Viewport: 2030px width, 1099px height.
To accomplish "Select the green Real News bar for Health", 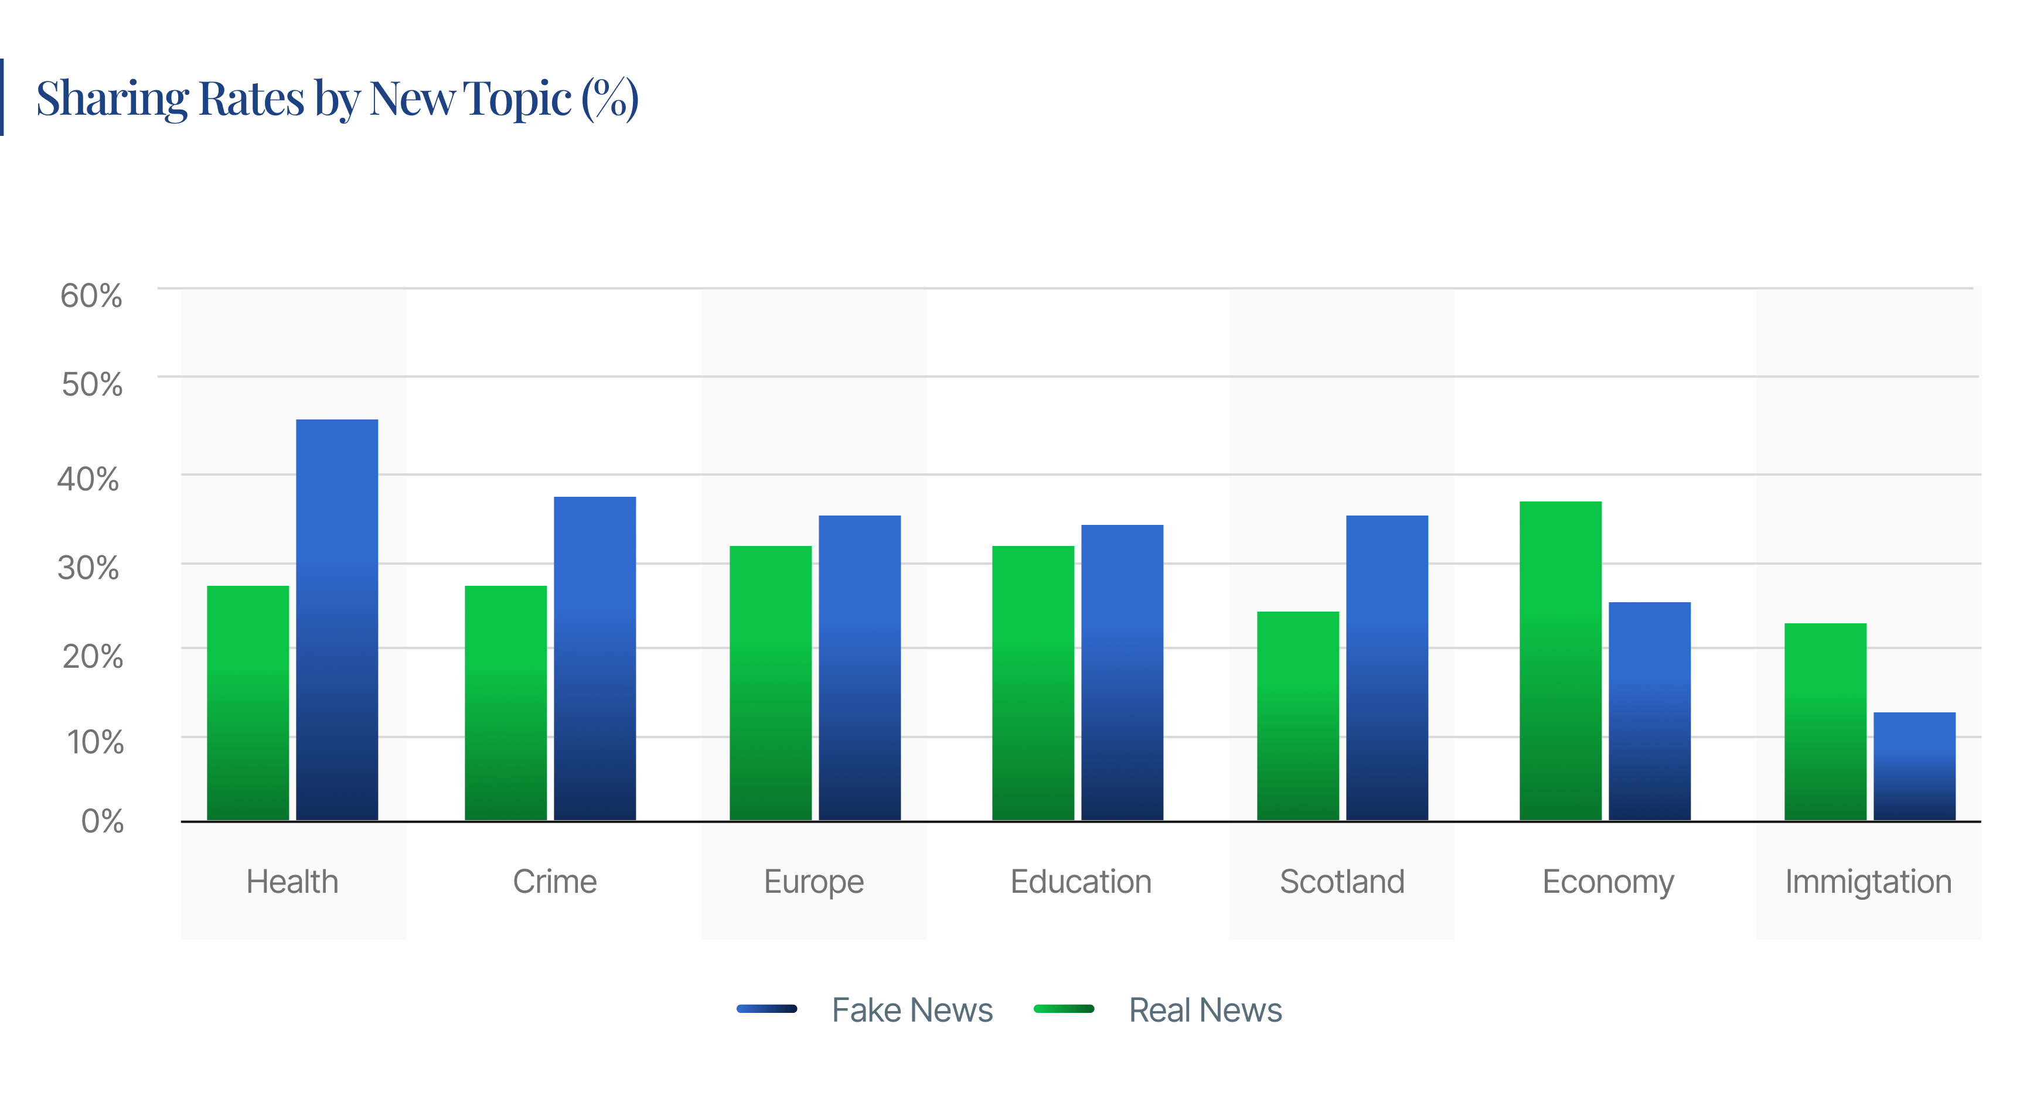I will [247, 703].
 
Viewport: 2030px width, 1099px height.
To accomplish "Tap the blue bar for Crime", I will [594, 658].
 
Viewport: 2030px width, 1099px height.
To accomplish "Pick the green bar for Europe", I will [770, 682].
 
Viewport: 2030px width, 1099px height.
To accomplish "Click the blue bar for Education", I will [1122, 672].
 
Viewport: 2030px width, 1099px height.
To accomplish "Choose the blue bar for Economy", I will [1649, 711].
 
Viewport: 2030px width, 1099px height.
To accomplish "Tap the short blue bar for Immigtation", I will [1913, 766].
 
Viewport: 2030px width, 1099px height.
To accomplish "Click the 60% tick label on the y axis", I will [91, 296].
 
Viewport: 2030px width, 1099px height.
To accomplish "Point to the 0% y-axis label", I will [103, 822].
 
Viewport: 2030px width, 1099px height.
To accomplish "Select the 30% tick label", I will [88, 568].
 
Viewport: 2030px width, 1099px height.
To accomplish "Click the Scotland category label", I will [1341, 882].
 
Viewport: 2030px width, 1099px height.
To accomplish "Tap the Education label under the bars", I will [1081, 882].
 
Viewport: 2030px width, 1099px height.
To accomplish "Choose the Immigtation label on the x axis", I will [1868, 882].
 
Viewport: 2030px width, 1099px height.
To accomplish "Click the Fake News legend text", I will [912, 1010].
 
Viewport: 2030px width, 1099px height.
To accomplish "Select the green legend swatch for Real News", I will [1063, 1008].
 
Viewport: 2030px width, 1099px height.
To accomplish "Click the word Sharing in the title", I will [112, 100].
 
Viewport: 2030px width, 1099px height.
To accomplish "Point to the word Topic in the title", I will [517, 100].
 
